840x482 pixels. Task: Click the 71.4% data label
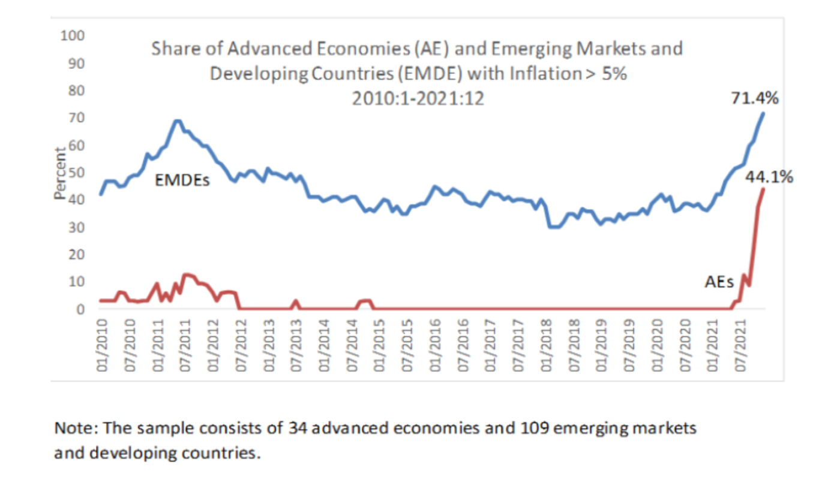(x=754, y=99)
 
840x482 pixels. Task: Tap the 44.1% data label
(x=769, y=177)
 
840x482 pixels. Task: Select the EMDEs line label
(x=182, y=180)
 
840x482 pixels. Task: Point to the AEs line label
(x=719, y=281)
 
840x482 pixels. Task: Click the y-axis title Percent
(x=60, y=174)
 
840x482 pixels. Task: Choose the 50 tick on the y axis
(x=74, y=173)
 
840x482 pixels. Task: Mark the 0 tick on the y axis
(x=78, y=309)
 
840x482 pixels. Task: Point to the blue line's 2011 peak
(x=177, y=120)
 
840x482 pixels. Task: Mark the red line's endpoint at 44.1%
(x=763, y=189)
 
